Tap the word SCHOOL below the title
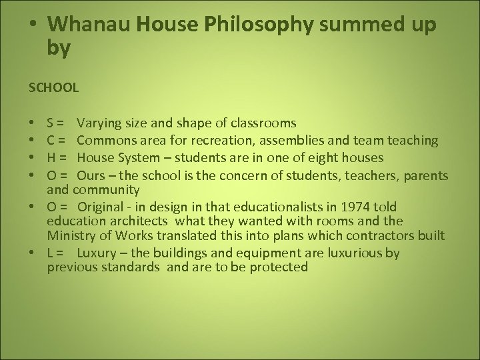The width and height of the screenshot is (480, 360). pos(53,87)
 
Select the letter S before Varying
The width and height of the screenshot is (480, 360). pos(51,123)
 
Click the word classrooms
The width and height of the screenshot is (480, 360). pos(263,123)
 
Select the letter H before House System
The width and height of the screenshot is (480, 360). pos(52,157)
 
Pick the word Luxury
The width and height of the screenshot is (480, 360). pos(97,253)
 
